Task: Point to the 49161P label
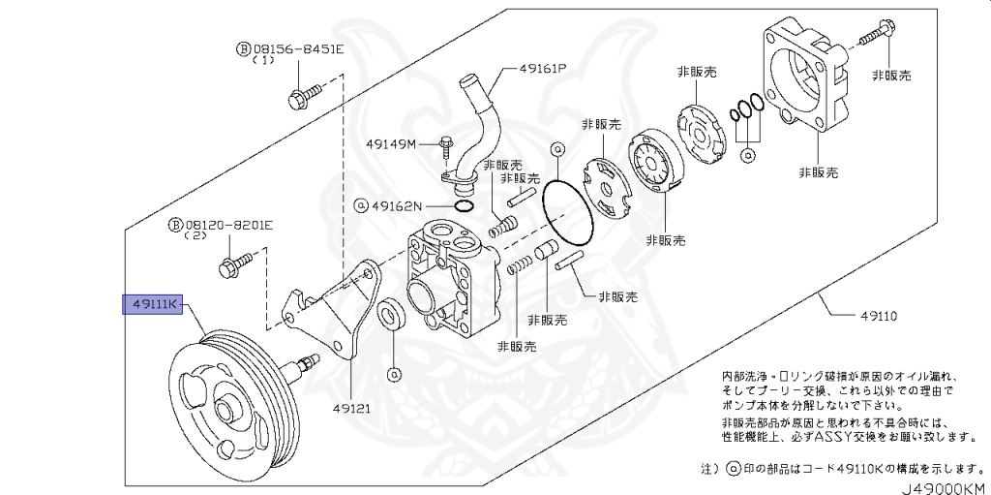point(542,70)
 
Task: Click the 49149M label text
point(390,144)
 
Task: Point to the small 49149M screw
point(444,146)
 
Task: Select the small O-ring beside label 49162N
point(463,205)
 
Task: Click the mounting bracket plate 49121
point(329,310)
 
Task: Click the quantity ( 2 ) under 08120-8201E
point(196,236)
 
